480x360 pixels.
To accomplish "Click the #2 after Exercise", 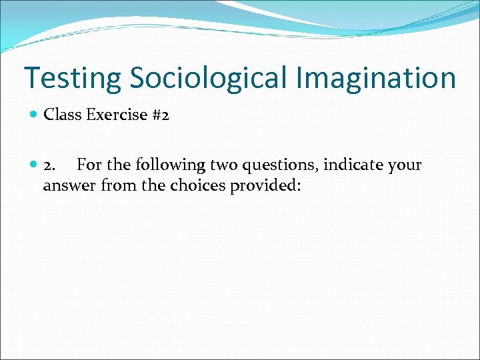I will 161,115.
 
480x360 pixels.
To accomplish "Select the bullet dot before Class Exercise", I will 34,115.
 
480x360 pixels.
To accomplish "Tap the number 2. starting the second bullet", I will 50,165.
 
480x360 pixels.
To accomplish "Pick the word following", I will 161,165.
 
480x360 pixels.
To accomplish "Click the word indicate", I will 352,165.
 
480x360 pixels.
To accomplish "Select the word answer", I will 70,185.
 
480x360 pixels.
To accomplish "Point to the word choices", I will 198,185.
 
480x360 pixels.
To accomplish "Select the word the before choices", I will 153,185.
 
